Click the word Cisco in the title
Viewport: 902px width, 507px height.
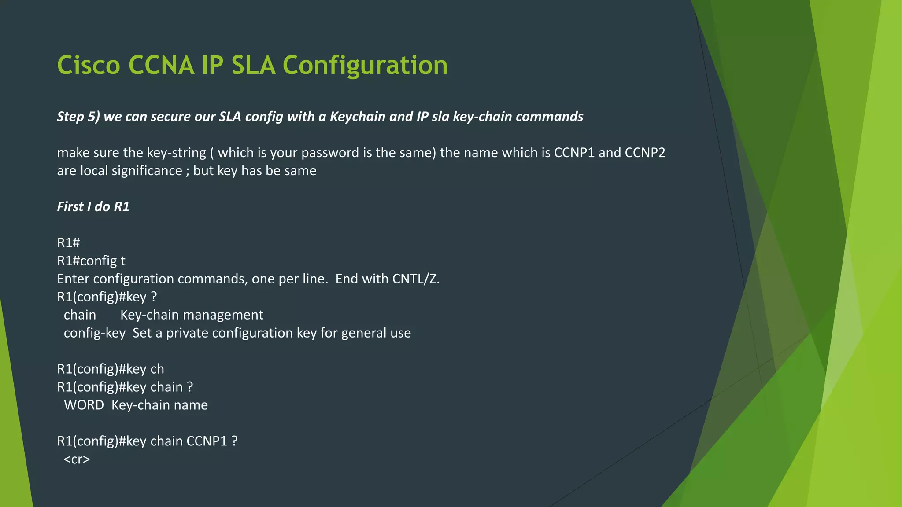(x=89, y=65)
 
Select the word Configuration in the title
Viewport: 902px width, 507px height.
(x=365, y=65)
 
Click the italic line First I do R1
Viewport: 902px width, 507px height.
(x=93, y=206)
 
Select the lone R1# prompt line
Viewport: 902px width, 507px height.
(x=68, y=242)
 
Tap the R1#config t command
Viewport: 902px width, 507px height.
(x=91, y=261)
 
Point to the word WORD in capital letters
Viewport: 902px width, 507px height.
(x=84, y=405)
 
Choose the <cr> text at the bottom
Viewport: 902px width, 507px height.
(x=77, y=459)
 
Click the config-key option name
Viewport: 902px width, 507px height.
(x=94, y=333)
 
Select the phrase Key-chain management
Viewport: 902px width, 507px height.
(x=192, y=315)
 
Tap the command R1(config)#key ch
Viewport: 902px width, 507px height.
(x=111, y=369)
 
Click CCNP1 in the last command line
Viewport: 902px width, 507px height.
(x=207, y=441)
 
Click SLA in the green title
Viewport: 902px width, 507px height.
(x=253, y=65)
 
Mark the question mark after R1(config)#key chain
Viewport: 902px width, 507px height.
(x=190, y=387)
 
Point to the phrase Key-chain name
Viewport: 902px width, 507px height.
(x=159, y=405)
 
